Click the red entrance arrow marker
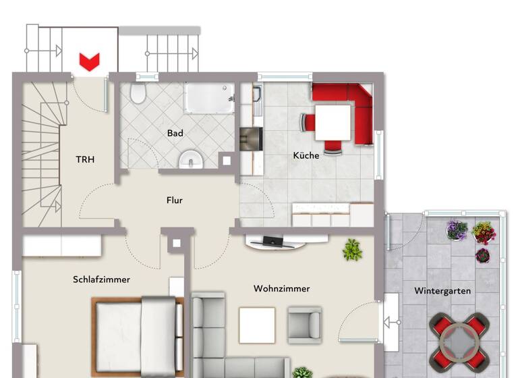(88, 61)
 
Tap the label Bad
(175, 134)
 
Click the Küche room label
(306, 155)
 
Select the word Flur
(175, 200)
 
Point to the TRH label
(85, 160)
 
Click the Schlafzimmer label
(101, 279)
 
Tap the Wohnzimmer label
(282, 289)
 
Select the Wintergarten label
(442, 292)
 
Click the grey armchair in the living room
(304, 324)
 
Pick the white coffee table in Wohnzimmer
(257, 325)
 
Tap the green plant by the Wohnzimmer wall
(351, 250)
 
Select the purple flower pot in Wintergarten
(457, 230)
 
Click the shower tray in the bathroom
(209, 99)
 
